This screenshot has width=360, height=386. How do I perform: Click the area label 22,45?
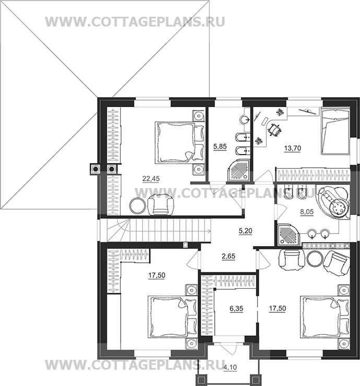click(x=150, y=179)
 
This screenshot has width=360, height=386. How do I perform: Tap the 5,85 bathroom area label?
click(x=219, y=146)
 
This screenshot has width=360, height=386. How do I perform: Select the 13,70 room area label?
click(x=292, y=148)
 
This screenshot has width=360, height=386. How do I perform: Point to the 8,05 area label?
click(x=307, y=212)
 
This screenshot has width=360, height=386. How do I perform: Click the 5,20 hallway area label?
click(x=245, y=231)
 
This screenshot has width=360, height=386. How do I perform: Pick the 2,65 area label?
click(x=228, y=256)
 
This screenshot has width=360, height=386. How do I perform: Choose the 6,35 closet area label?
click(x=236, y=309)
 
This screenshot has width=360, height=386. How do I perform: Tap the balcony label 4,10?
click(x=230, y=368)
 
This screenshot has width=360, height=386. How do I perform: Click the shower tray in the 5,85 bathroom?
click(x=238, y=170)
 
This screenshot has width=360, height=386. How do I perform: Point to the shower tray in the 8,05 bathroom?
click(x=287, y=235)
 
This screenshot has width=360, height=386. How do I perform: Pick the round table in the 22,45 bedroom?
click(x=137, y=206)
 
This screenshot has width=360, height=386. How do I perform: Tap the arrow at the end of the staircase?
click(x=209, y=231)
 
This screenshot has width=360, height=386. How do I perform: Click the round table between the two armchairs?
click(x=315, y=259)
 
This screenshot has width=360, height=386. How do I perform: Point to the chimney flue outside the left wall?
click(x=95, y=169)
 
